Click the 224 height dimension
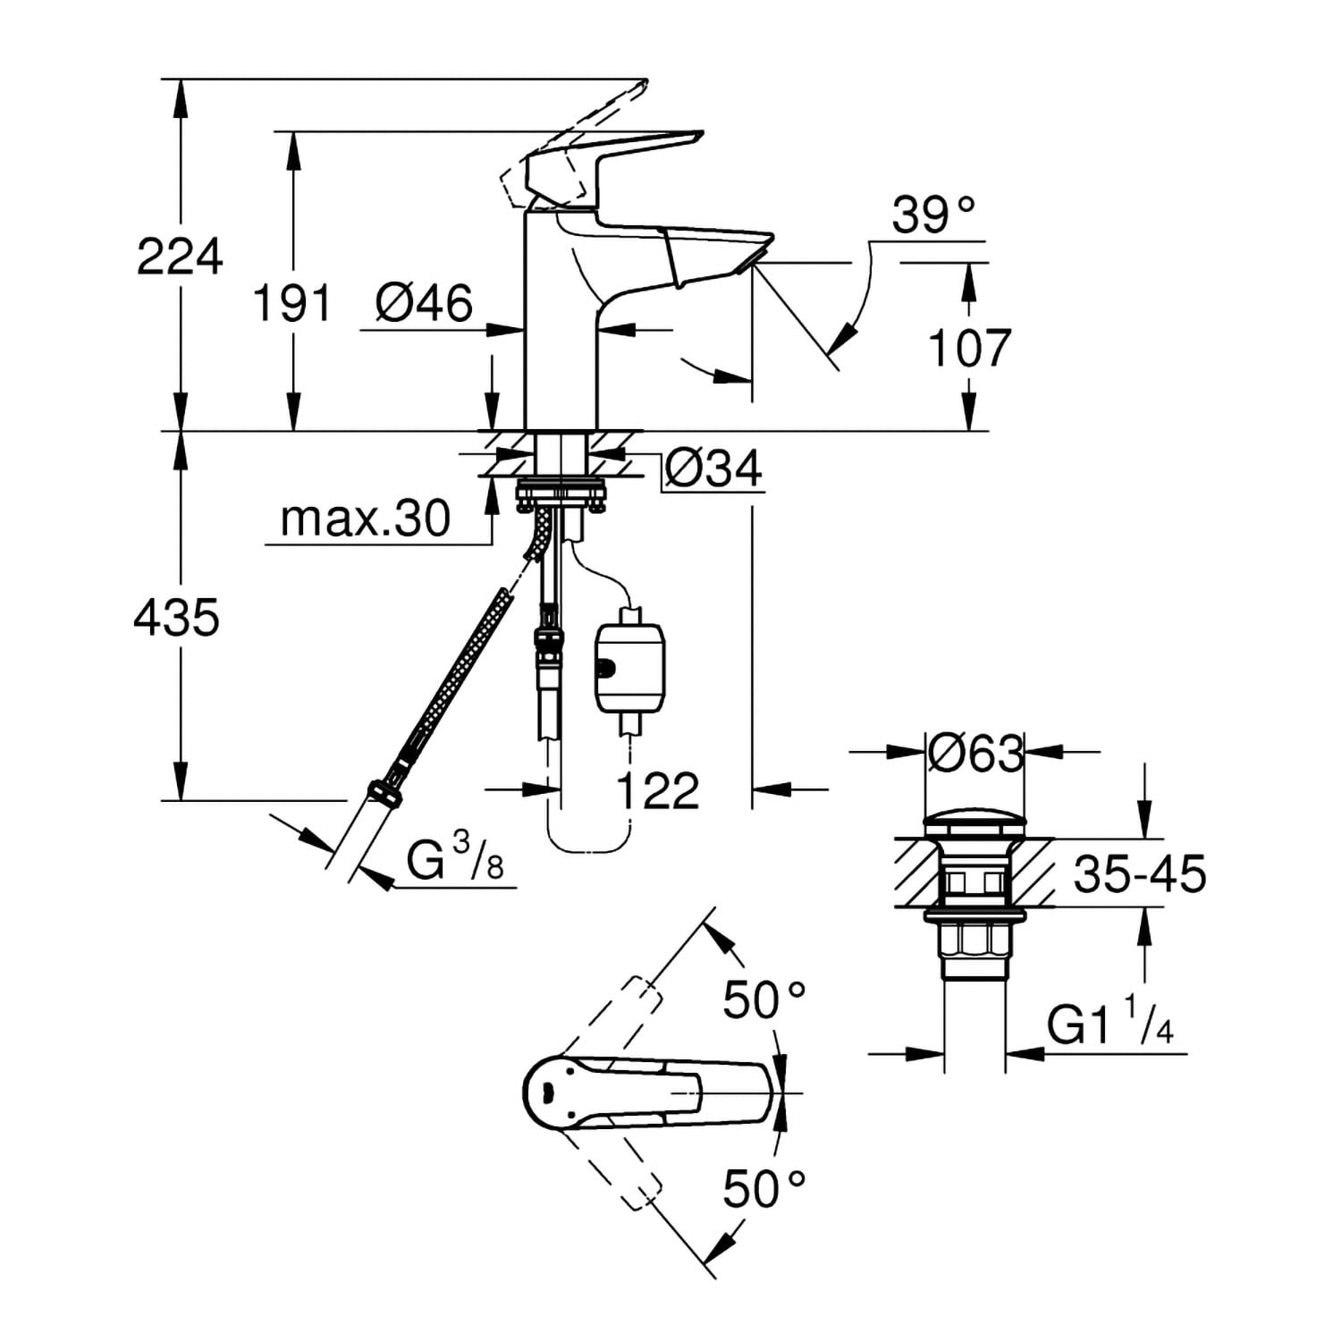point(179,257)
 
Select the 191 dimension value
point(292,302)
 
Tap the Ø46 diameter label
point(424,303)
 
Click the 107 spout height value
point(969,348)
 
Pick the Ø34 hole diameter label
point(713,468)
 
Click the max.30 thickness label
point(365,519)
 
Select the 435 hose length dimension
point(176,618)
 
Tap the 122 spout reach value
point(658,790)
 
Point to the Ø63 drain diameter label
point(974,754)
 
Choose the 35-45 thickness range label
point(1140,873)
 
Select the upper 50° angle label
point(764,999)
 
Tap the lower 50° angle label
point(764,1189)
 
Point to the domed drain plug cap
point(974,822)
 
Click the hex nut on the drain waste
point(974,944)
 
